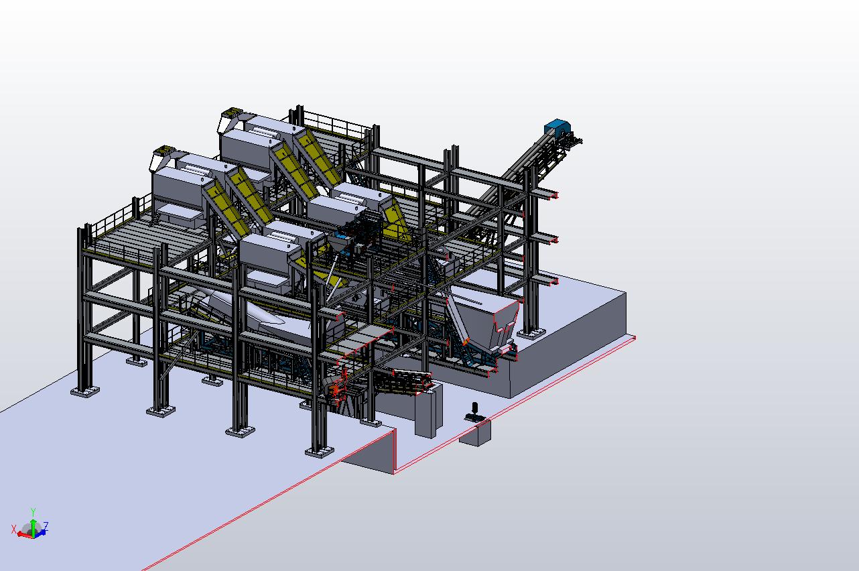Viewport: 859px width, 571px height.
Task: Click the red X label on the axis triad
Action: [x=14, y=529]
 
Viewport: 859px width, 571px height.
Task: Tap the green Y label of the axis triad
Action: [x=34, y=512]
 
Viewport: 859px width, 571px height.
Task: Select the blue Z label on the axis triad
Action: [x=46, y=525]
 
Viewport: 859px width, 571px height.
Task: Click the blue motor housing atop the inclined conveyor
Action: [x=557, y=128]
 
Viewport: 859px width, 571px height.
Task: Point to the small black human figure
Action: [x=474, y=412]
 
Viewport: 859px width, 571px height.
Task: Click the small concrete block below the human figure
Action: [x=476, y=433]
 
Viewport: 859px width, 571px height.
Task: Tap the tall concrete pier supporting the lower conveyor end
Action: [x=428, y=411]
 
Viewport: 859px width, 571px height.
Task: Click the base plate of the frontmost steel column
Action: [x=320, y=452]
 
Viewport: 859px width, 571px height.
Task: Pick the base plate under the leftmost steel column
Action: [x=85, y=391]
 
